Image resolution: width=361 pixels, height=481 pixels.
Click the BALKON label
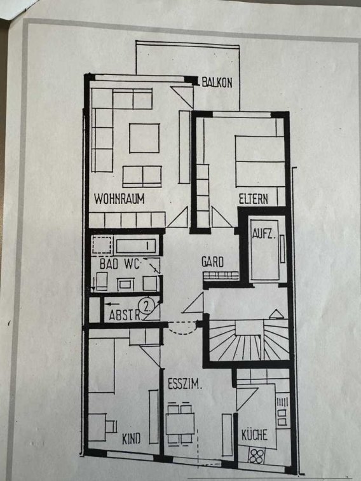217,83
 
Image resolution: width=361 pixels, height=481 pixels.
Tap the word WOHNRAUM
119,199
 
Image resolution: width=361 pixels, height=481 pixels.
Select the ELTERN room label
254,199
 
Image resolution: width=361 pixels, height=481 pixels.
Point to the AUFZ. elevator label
264,234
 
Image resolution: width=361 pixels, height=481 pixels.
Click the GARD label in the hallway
212,262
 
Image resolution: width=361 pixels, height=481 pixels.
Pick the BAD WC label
120,264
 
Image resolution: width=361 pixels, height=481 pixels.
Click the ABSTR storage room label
125,315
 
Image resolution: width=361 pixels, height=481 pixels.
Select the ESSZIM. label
185,384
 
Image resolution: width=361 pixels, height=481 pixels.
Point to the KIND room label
132,438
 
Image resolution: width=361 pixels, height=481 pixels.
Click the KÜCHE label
254,435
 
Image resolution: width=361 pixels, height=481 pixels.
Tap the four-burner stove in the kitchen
256,456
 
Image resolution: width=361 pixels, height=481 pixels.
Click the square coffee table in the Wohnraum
144,138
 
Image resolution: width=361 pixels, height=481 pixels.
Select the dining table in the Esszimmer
180,424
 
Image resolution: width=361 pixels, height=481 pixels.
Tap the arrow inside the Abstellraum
112,304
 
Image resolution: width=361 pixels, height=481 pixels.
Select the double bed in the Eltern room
260,161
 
